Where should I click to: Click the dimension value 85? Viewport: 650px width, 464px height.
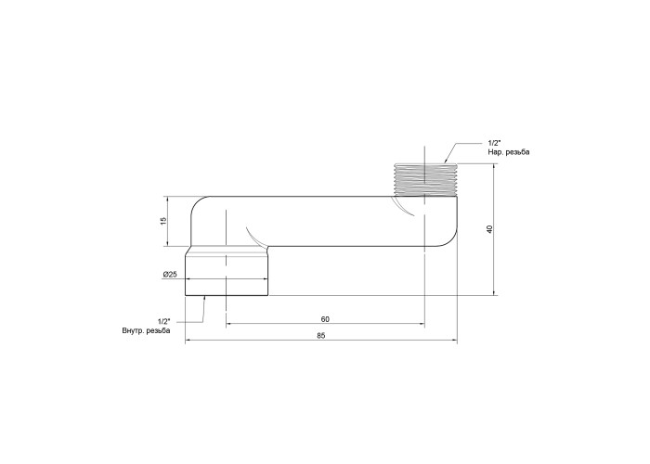321,336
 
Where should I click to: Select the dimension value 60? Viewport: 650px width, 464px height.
325,319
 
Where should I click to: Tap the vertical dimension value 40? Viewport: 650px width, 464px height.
489,229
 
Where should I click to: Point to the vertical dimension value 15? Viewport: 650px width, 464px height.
163,221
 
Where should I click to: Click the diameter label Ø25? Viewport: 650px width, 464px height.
170,275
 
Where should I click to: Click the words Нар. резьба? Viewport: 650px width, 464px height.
509,152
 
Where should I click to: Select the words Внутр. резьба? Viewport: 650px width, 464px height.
146,331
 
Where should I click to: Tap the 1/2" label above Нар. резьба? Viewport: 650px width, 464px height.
494,143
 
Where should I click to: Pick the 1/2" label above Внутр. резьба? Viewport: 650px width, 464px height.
163,321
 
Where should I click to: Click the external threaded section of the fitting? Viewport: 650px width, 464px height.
425,179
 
